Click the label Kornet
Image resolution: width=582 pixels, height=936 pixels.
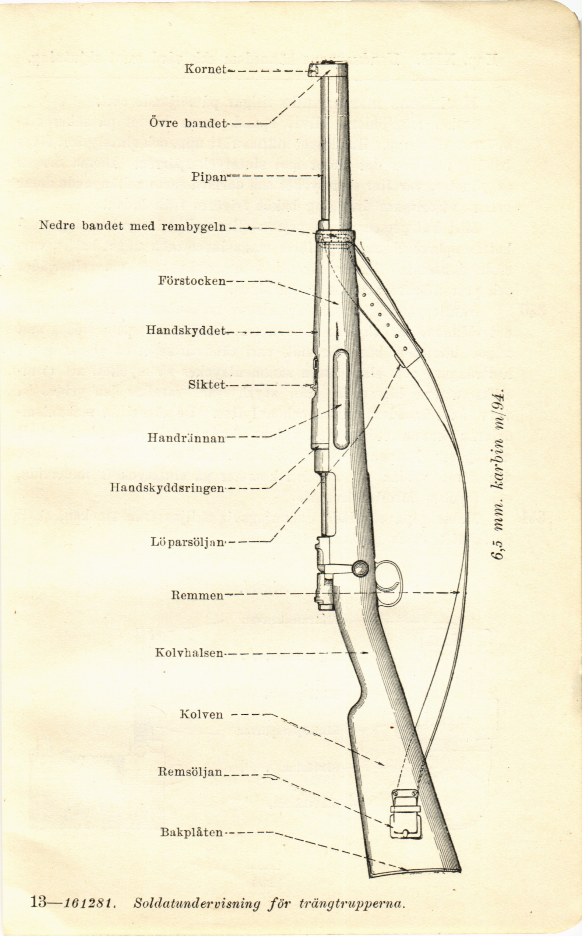tap(205, 69)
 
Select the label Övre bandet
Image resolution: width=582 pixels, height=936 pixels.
tap(187, 123)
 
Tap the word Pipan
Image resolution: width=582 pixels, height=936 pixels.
tap(208, 177)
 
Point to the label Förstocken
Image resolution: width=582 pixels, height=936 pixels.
tap(192, 280)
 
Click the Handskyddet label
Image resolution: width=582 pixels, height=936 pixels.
tap(186, 330)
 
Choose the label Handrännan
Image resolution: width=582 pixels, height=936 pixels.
tap(186, 438)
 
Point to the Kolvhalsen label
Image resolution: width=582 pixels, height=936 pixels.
tap(189, 652)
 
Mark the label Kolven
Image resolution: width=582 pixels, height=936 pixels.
tap(201, 714)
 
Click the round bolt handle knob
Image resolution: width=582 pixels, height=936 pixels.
tap(360, 568)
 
